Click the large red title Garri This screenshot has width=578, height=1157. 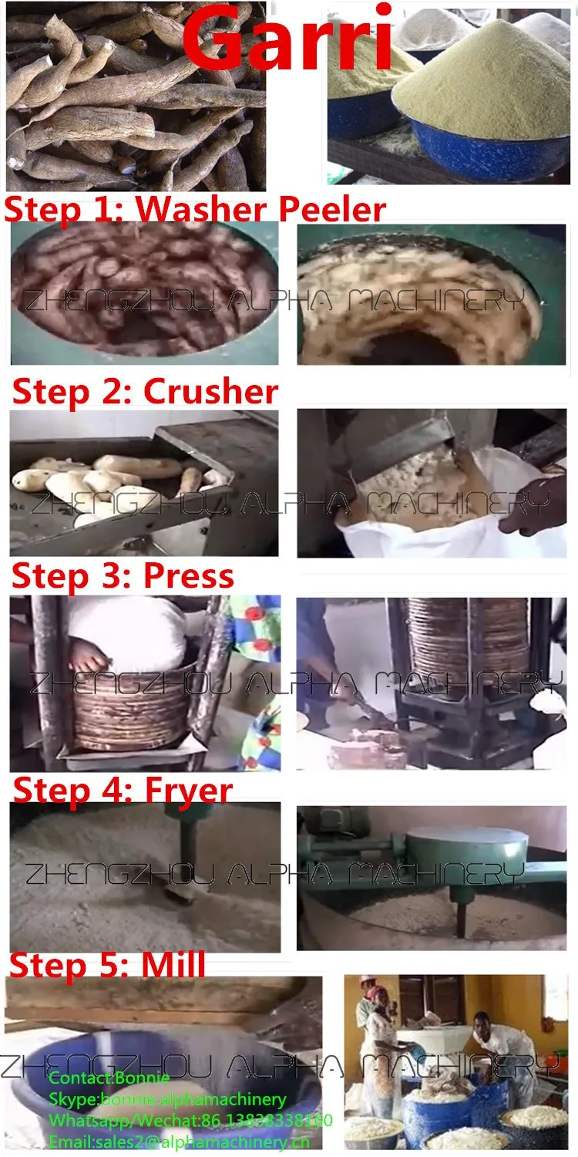pyautogui.click(x=288, y=39)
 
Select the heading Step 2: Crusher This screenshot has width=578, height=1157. pyautogui.click(x=145, y=392)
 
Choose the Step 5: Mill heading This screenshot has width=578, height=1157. pyautogui.click(x=107, y=965)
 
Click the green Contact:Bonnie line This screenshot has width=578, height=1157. pyautogui.click(x=109, y=1078)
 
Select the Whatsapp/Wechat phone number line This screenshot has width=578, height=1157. pyautogui.click(x=190, y=1120)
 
